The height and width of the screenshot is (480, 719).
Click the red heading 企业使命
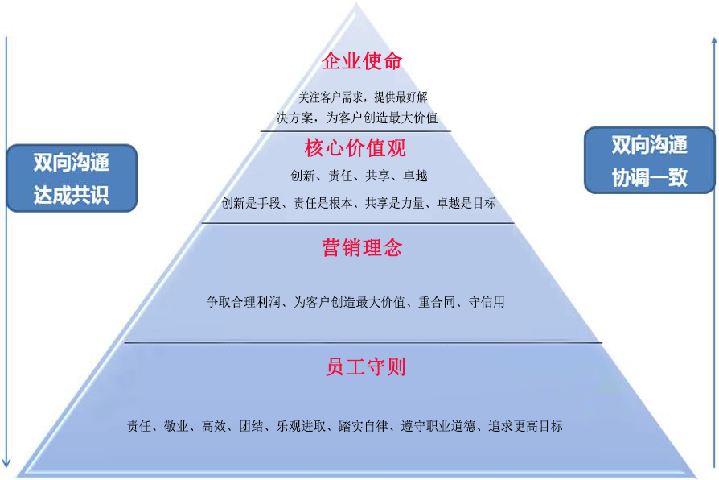[361, 61]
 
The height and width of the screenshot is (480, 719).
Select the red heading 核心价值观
[355, 148]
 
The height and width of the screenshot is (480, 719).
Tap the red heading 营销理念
[362, 247]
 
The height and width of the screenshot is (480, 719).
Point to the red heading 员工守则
[366, 367]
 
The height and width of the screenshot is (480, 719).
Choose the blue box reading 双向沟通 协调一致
[649, 161]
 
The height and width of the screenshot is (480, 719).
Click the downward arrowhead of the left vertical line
[7, 462]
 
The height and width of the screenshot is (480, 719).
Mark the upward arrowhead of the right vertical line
[713, 40]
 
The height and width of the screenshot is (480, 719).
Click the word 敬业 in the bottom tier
[175, 426]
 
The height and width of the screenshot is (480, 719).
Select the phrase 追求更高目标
[525, 426]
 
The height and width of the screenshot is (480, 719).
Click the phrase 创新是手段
[250, 203]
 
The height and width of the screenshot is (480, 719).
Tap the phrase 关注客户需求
[330, 97]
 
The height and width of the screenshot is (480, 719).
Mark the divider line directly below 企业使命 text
[355, 130]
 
